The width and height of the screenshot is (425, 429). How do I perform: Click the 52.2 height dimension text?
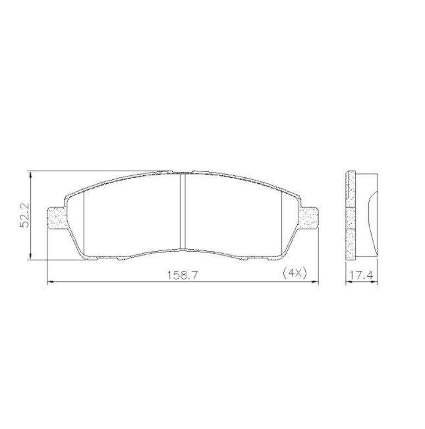tap(25, 215)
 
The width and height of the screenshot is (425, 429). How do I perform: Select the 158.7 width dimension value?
tap(182, 275)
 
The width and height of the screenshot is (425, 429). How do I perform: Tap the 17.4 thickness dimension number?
tap(362, 275)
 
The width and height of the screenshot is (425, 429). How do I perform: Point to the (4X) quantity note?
tap(295, 273)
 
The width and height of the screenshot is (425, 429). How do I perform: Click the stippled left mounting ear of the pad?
tap(57, 217)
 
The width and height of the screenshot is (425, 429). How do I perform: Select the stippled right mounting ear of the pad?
tap(309, 217)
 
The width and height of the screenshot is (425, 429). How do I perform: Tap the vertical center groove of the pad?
tap(183, 211)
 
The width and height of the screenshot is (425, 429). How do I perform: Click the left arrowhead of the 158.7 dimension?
tap(51, 281)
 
